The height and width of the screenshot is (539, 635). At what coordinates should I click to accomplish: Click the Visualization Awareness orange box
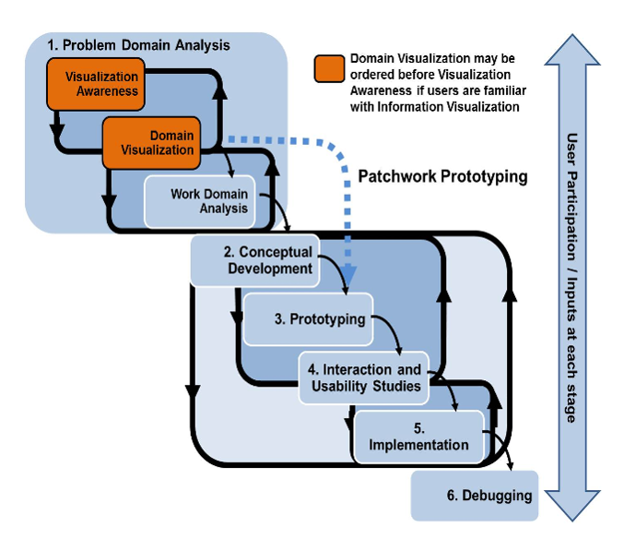[x=101, y=84]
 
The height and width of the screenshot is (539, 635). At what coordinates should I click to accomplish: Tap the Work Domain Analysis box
[x=208, y=201]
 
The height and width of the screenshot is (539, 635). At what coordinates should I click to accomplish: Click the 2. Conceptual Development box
[x=253, y=260]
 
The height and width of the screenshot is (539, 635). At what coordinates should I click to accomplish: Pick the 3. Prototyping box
[x=307, y=319]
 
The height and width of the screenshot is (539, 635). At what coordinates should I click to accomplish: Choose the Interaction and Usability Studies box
[x=365, y=377]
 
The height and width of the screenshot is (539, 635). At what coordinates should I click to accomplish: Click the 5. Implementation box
[x=418, y=437]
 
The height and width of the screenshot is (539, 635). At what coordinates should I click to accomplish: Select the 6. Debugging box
[x=472, y=496]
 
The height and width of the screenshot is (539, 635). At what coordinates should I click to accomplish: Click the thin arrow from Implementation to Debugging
[x=505, y=452]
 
